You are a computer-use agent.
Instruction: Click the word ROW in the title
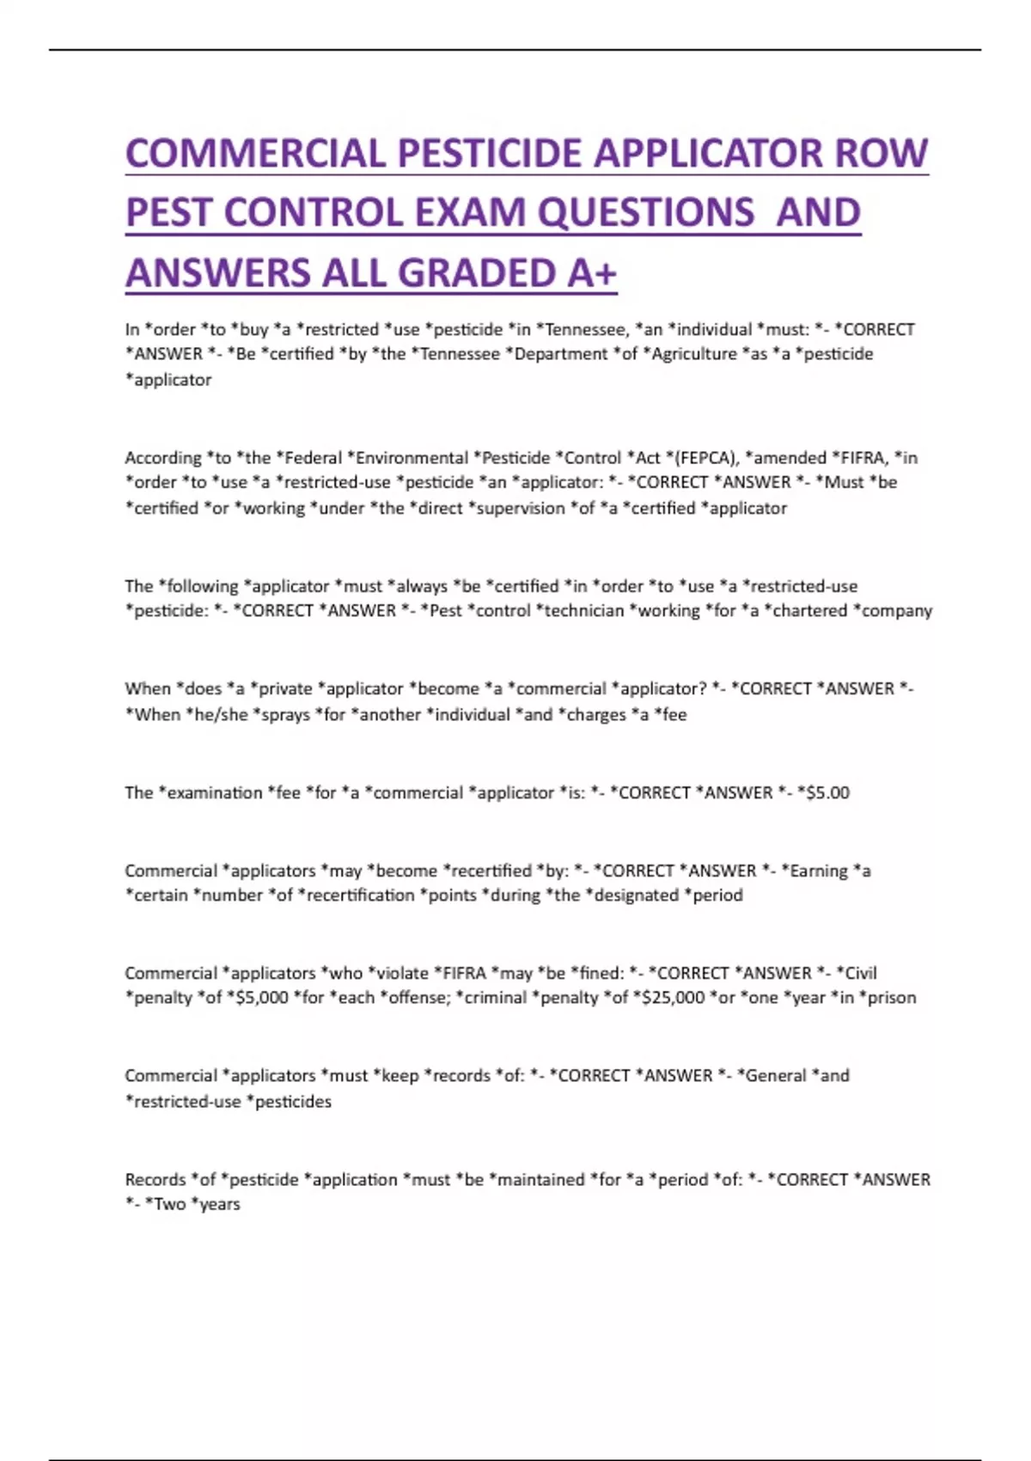(882, 154)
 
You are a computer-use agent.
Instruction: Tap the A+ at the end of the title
(592, 273)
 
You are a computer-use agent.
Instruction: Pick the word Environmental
(413, 457)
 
